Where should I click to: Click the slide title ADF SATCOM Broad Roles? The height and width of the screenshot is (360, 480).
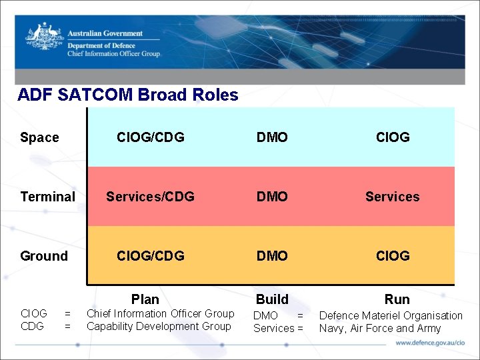point(128,95)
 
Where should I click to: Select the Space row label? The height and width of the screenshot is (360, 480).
point(39,137)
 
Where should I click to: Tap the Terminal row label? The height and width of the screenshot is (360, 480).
point(47,197)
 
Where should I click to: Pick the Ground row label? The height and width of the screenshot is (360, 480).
point(44,256)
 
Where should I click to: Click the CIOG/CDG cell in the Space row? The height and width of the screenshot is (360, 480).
point(151,137)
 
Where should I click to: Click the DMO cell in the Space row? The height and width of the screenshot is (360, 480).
point(272,137)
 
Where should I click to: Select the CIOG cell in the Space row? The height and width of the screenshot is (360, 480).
point(393,137)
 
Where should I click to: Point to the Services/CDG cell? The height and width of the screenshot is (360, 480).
point(151,197)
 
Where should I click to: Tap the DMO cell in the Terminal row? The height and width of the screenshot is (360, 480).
point(272,197)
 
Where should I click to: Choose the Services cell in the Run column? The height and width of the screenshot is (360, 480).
point(393,197)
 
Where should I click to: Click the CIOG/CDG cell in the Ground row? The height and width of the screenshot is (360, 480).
point(151,256)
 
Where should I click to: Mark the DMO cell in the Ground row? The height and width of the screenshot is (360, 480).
point(272,256)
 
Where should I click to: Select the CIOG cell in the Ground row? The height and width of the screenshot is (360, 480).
point(393,256)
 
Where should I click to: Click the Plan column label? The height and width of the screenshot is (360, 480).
point(145,299)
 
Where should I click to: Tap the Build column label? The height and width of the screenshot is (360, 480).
point(272,299)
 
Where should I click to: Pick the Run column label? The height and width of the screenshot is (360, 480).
point(397,299)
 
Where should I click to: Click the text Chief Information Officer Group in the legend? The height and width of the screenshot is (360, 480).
point(161,313)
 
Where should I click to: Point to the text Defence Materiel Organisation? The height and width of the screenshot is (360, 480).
point(391,315)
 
